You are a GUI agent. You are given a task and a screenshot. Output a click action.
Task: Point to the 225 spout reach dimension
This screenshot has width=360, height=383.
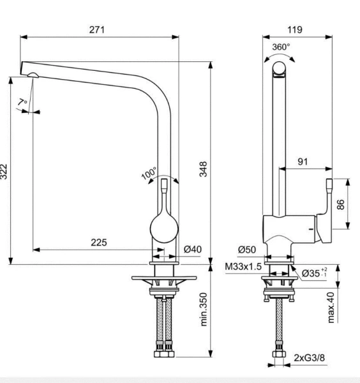[99, 243]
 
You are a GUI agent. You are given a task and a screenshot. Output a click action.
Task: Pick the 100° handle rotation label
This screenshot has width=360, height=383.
[149, 174]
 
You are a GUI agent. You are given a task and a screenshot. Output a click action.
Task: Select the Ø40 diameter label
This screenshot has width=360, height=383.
[193, 250]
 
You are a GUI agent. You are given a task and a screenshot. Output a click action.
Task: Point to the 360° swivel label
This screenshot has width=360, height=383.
[281, 47]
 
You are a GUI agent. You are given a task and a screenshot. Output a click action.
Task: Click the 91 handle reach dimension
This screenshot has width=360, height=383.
[302, 161]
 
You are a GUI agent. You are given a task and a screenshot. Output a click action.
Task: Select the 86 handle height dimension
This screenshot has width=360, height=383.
[340, 205]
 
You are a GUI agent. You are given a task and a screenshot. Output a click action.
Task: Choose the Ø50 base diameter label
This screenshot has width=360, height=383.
[247, 249]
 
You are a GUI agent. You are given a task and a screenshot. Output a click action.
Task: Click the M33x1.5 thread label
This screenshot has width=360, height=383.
[243, 266]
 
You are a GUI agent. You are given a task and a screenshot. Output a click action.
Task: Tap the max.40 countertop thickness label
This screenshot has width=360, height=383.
[331, 306]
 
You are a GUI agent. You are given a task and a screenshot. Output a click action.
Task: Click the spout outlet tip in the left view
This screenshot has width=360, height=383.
[31, 76]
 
